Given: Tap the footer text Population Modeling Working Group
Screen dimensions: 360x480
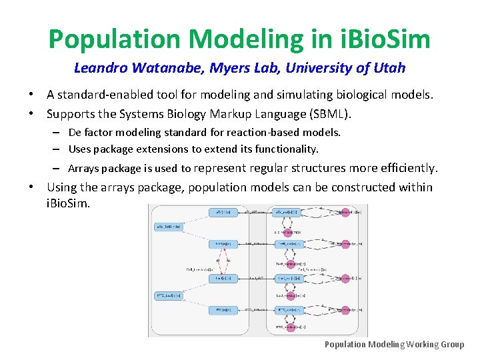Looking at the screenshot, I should (x=394, y=344).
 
